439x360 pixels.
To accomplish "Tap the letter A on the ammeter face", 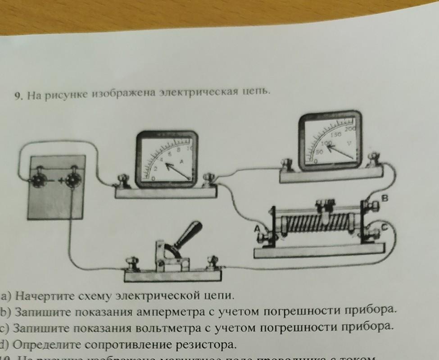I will [x=182, y=161].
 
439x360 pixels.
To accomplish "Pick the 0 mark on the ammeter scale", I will [x=153, y=179].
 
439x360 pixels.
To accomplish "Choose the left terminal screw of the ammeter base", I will [x=122, y=182].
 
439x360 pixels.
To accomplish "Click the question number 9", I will [x=18, y=96].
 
